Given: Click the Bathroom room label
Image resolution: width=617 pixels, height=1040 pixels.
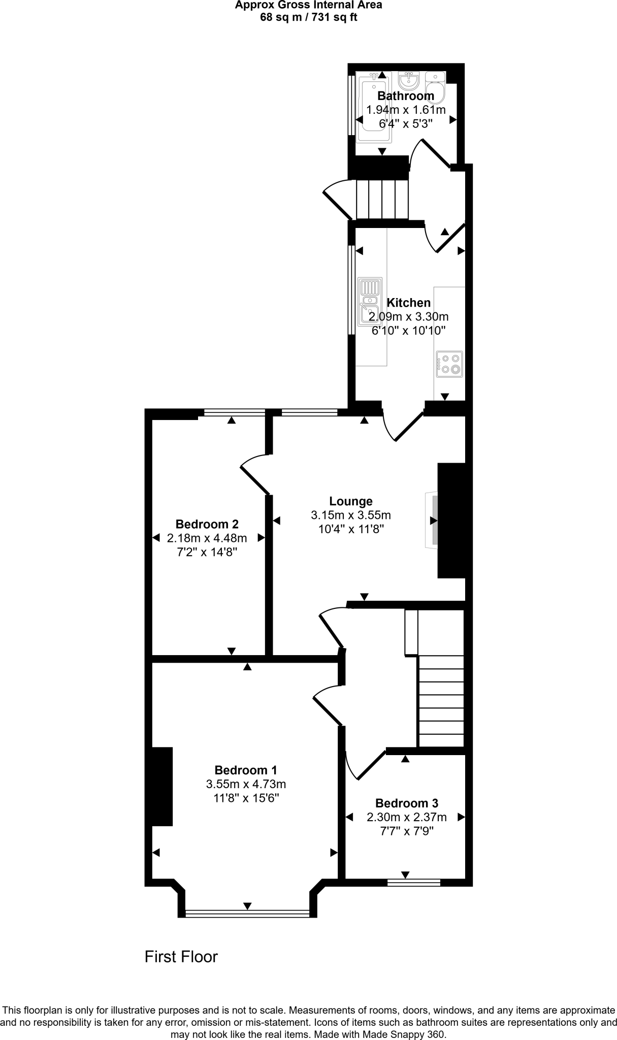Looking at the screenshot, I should point(405,95).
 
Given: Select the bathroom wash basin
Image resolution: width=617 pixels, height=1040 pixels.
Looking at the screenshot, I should point(408,80).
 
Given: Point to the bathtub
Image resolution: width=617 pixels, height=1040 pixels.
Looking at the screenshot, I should point(373,107).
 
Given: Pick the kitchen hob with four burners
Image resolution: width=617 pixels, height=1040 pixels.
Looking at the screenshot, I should point(449,364).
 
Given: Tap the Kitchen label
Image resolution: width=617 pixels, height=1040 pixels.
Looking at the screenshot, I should point(408,303).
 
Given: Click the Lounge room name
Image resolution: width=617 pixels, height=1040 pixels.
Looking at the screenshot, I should point(350,501).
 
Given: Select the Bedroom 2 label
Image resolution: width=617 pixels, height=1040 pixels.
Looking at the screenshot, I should point(207,524).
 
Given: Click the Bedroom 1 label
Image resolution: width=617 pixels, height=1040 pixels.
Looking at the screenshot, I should point(246,770).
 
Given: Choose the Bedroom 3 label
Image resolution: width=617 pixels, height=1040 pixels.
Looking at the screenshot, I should point(406,803).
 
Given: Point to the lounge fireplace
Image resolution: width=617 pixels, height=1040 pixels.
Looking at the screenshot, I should point(433,521).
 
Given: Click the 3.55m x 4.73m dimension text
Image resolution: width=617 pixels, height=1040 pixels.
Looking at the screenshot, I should point(246,784).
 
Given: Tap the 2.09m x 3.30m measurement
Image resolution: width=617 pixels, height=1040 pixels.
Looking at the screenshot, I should point(408,317).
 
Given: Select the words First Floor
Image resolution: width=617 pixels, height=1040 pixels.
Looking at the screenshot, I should point(181,957).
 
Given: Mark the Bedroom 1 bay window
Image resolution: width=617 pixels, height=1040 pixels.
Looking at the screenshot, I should point(247,914).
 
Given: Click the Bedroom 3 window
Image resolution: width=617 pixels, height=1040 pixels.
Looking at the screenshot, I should point(413,883).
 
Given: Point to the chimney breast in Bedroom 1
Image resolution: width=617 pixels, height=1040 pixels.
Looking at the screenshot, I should point(161,786).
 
